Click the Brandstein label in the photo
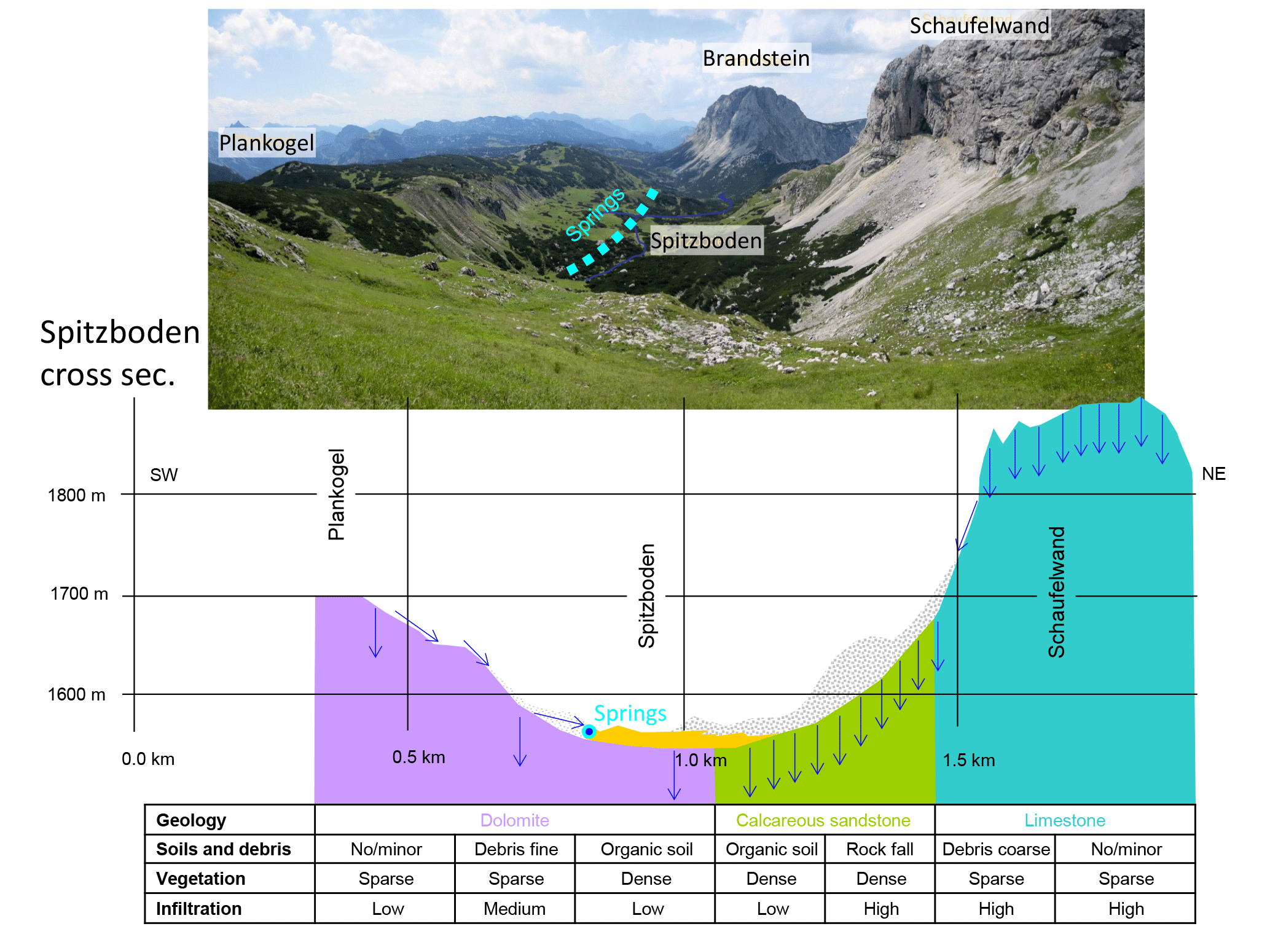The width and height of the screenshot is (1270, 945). [756, 58]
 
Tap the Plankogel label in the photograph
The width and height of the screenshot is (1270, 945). [266, 143]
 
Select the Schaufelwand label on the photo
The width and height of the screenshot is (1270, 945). [979, 26]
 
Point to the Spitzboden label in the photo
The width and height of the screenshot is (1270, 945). [705, 241]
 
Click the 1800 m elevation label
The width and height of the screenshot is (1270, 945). [76, 495]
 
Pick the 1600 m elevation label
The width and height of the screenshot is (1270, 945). [76, 694]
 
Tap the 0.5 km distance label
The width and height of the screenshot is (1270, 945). [418, 757]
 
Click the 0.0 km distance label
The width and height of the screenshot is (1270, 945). [147, 759]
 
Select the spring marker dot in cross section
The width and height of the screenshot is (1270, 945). [589, 731]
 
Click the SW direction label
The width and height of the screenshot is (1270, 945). [163, 475]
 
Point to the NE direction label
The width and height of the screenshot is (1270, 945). [1213, 474]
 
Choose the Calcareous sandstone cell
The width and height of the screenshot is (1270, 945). [823, 820]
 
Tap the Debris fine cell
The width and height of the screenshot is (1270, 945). [515, 849]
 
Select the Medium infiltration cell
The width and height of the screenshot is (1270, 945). [514, 909]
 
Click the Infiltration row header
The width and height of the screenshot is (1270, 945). [198, 909]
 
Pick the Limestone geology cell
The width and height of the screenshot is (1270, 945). [1064, 820]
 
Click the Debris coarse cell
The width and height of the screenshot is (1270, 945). [995, 849]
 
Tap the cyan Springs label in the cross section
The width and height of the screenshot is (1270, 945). [630, 713]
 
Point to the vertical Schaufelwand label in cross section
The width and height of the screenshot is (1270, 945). [1056, 592]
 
